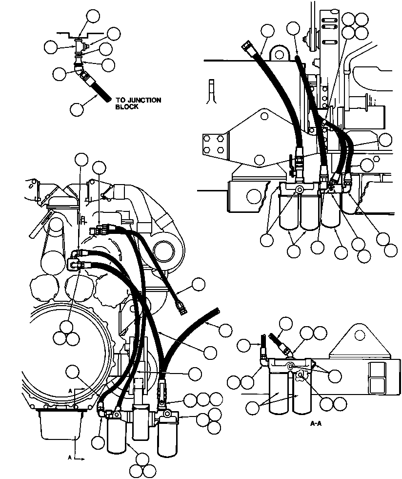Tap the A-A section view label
316,423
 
